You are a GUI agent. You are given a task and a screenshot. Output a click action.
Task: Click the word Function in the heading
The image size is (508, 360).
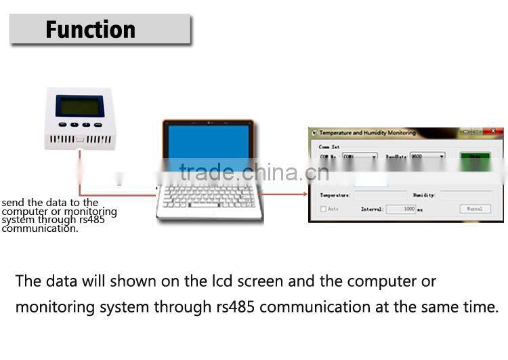pyautogui.click(x=90, y=30)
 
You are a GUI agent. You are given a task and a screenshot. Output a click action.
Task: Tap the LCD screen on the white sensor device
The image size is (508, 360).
pyautogui.click(x=80, y=106)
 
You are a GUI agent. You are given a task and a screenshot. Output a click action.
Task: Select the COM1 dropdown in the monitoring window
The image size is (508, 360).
pyautogui.click(x=360, y=157)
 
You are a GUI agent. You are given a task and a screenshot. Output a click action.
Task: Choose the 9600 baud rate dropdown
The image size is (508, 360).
pyautogui.click(x=427, y=157)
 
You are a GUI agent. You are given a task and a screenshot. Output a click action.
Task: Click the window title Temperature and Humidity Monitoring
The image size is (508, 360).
pyautogui.click(x=367, y=133)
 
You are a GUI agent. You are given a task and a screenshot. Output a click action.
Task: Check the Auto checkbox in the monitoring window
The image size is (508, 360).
pyautogui.click(x=323, y=209)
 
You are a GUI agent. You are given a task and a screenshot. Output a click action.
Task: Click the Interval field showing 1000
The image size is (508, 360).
pyautogui.click(x=401, y=209)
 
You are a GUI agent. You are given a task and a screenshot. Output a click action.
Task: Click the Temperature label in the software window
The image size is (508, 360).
pyautogui.click(x=335, y=195)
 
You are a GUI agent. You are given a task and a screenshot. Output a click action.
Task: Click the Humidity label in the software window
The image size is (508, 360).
pyautogui.click(x=424, y=195)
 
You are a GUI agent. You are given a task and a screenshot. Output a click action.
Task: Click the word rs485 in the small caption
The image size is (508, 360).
pyautogui.click(x=91, y=220)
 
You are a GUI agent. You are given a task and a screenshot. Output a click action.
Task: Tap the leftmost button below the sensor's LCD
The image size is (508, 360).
pyautogui.click(x=62, y=125)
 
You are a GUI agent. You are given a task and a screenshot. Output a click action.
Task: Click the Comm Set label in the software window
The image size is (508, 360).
pyautogui.click(x=329, y=146)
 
